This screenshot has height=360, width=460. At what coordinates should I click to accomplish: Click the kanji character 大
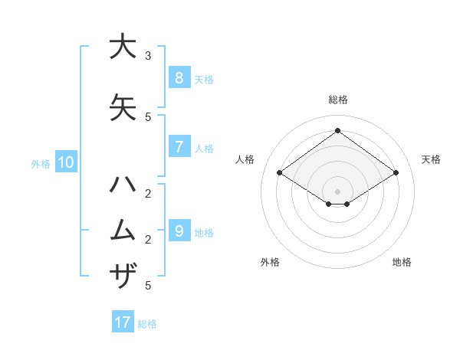pos(122,47)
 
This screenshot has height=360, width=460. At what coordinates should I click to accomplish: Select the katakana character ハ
pos(122,185)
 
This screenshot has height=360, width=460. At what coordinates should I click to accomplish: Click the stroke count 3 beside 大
pos(148,56)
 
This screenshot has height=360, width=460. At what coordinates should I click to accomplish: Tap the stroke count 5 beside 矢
pos(148,117)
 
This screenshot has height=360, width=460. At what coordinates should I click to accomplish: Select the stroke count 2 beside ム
pos(148,240)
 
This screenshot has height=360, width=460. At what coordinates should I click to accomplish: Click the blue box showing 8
pos(179,78)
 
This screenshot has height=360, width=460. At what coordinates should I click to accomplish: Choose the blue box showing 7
pos(179,146)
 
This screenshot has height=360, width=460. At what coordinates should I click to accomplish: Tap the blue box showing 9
pos(179,231)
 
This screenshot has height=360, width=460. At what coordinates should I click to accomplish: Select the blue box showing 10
pos(65,162)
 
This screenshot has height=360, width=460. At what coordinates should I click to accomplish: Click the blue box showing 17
pos(123,322)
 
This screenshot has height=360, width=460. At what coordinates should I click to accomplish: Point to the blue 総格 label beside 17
pos(147,324)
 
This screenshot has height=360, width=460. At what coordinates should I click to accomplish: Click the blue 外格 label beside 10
pos(41,163)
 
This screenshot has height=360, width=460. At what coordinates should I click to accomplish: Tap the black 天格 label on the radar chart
pos(431,159)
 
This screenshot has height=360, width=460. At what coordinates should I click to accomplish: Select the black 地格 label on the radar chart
pos(402,262)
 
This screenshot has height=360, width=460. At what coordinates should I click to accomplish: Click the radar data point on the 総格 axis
pos(337,130)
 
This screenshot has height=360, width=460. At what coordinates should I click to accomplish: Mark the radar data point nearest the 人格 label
pos(280,173)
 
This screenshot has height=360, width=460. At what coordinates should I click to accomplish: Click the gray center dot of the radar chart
pos(337,190)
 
